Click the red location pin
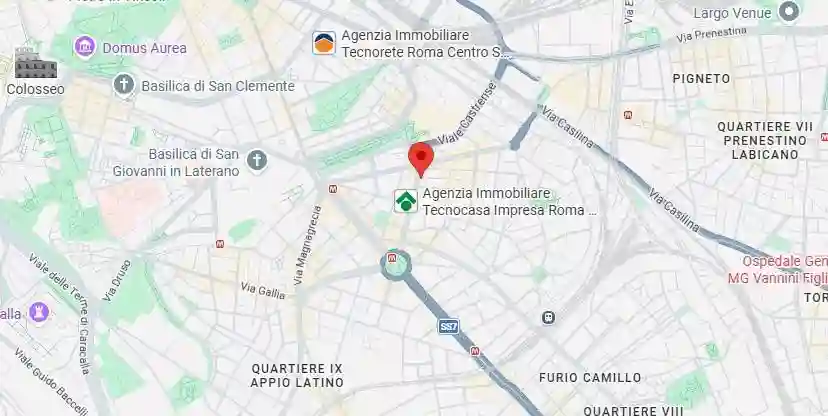tap(421, 158)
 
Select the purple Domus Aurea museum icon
tap(85, 46)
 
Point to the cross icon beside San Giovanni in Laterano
tap(257, 160)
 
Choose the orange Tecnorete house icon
tap(323, 42)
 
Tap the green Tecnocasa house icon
tap(405, 201)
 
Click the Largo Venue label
tap(732, 12)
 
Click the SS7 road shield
tap(448, 326)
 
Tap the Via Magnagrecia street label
tap(300, 245)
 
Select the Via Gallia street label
tap(263, 290)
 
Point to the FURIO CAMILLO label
tap(589, 377)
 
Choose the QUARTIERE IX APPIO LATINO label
tap(297, 375)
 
